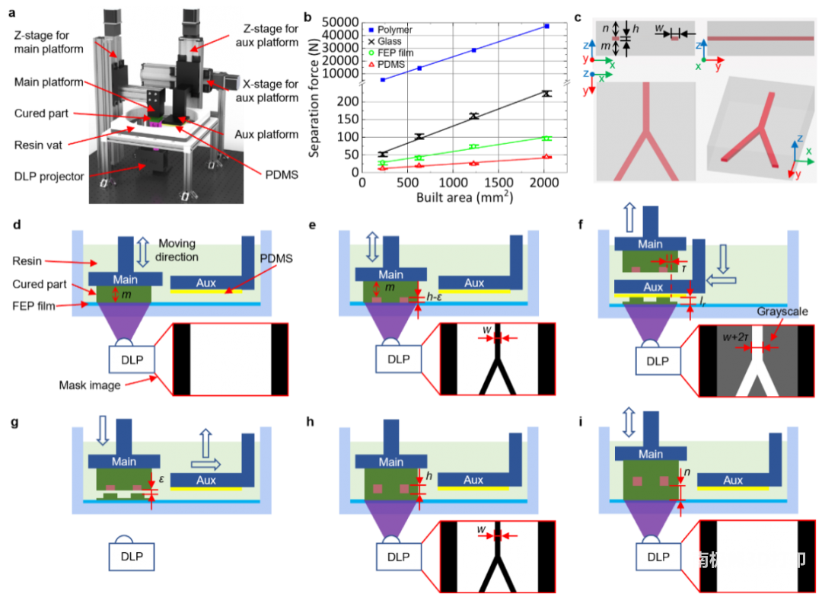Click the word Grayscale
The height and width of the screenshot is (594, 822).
785,312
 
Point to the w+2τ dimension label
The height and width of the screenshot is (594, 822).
738,336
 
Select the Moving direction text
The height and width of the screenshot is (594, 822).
177,250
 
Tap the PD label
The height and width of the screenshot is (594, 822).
266,258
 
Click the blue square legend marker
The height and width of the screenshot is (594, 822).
371,29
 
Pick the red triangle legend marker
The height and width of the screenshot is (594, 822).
371,65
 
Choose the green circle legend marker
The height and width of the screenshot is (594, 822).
371,53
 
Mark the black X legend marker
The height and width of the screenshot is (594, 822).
371,41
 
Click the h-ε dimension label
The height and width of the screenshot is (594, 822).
437,299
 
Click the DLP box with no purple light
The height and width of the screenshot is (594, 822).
132,556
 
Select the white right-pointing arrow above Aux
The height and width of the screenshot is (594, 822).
205,463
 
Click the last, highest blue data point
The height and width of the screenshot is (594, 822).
547,26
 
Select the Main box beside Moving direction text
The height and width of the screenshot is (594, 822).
124,279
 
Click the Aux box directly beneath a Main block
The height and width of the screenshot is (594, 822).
653,287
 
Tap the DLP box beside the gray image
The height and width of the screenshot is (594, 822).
658,361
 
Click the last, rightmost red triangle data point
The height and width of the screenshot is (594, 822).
547,156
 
